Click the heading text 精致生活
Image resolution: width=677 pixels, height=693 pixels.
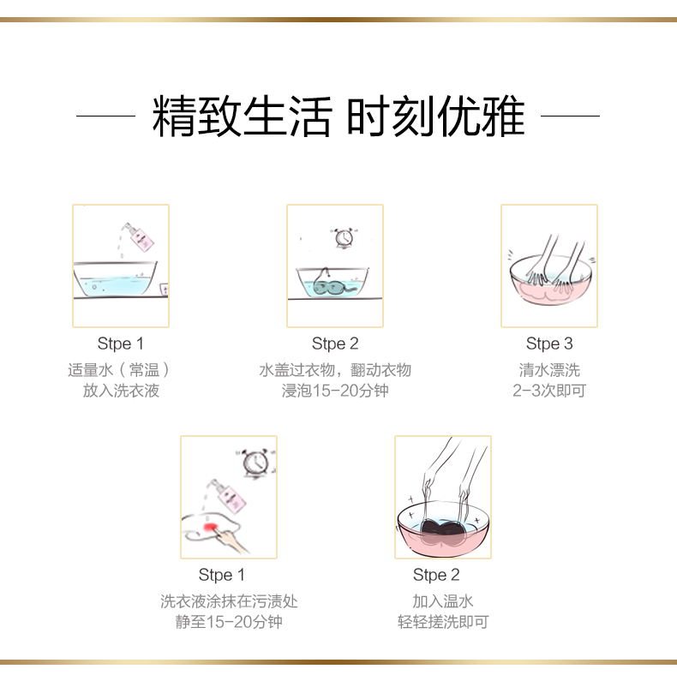tap(242, 116)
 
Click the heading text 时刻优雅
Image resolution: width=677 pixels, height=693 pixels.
tap(436, 116)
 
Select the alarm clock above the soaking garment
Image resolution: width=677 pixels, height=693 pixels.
tap(344, 238)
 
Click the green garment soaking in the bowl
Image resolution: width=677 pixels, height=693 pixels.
tap(332, 285)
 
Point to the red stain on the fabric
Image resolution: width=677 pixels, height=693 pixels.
tap(210, 527)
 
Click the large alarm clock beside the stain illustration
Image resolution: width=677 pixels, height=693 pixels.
tap(256, 463)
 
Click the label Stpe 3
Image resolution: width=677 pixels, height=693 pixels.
tap(549, 344)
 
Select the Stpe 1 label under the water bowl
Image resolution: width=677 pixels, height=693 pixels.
tap(121, 344)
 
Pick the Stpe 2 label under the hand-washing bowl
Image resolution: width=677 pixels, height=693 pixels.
tap(436, 575)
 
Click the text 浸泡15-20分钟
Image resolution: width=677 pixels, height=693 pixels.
tap(335, 391)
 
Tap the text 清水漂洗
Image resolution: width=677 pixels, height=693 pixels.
tap(549, 370)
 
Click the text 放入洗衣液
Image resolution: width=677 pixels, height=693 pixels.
tap(121, 391)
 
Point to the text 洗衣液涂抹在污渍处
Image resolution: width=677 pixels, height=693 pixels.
tap(229, 601)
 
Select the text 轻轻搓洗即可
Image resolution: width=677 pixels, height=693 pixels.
tap(443, 622)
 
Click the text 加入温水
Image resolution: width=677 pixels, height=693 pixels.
tap(443, 601)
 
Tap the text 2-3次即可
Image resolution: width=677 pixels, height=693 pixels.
tap(549, 391)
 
